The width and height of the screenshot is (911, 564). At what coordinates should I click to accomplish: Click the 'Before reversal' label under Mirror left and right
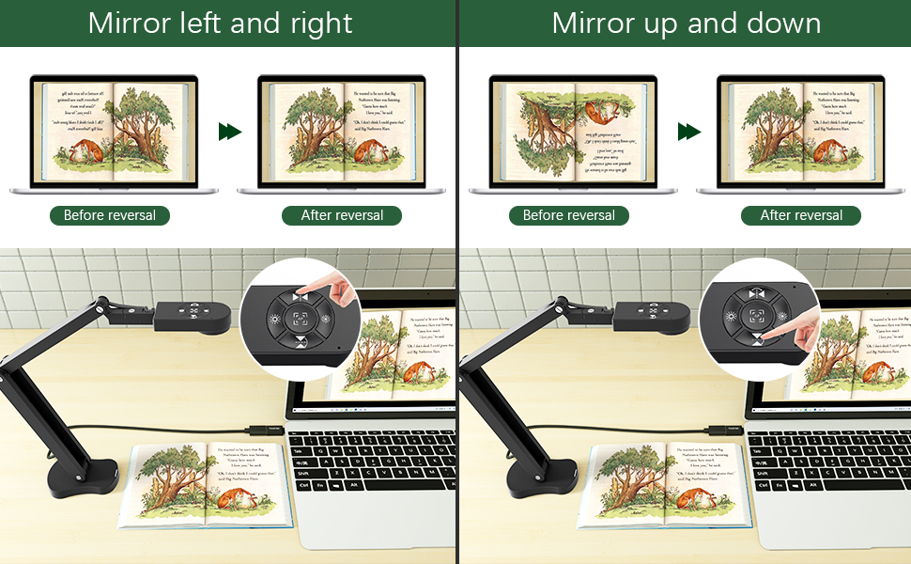[110, 215]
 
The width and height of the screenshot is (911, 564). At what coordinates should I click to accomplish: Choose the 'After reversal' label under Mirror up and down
[801, 215]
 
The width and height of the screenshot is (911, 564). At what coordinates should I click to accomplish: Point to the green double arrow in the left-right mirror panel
[229, 132]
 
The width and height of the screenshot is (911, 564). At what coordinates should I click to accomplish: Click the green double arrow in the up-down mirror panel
[689, 132]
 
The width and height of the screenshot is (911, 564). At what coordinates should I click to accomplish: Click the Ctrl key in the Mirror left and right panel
[303, 485]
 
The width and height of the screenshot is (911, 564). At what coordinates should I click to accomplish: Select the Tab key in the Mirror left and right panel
[300, 451]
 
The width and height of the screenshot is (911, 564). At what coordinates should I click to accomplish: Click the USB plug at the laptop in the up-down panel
[731, 429]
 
